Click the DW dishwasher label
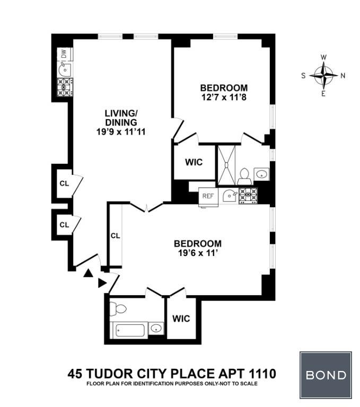click(x=64, y=54)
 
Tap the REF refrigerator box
click(x=208, y=197)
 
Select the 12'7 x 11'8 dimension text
click(x=224, y=98)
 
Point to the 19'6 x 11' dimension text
click(x=198, y=253)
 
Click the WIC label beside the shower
click(x=194, y=162)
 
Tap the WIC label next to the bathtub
click(x=181, y=318)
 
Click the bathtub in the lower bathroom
click(x=129, y=330)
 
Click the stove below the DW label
click(x=65, y=87)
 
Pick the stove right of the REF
click(x=248, y=196)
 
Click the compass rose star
click(x=323, y=76)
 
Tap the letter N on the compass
click(x=343, y=76)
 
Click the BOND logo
click(x=326, y=375)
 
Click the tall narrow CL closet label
click(x=116, y=236)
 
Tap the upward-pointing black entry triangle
click(x=88, y=273)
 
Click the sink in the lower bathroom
click(x=156, y=328)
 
